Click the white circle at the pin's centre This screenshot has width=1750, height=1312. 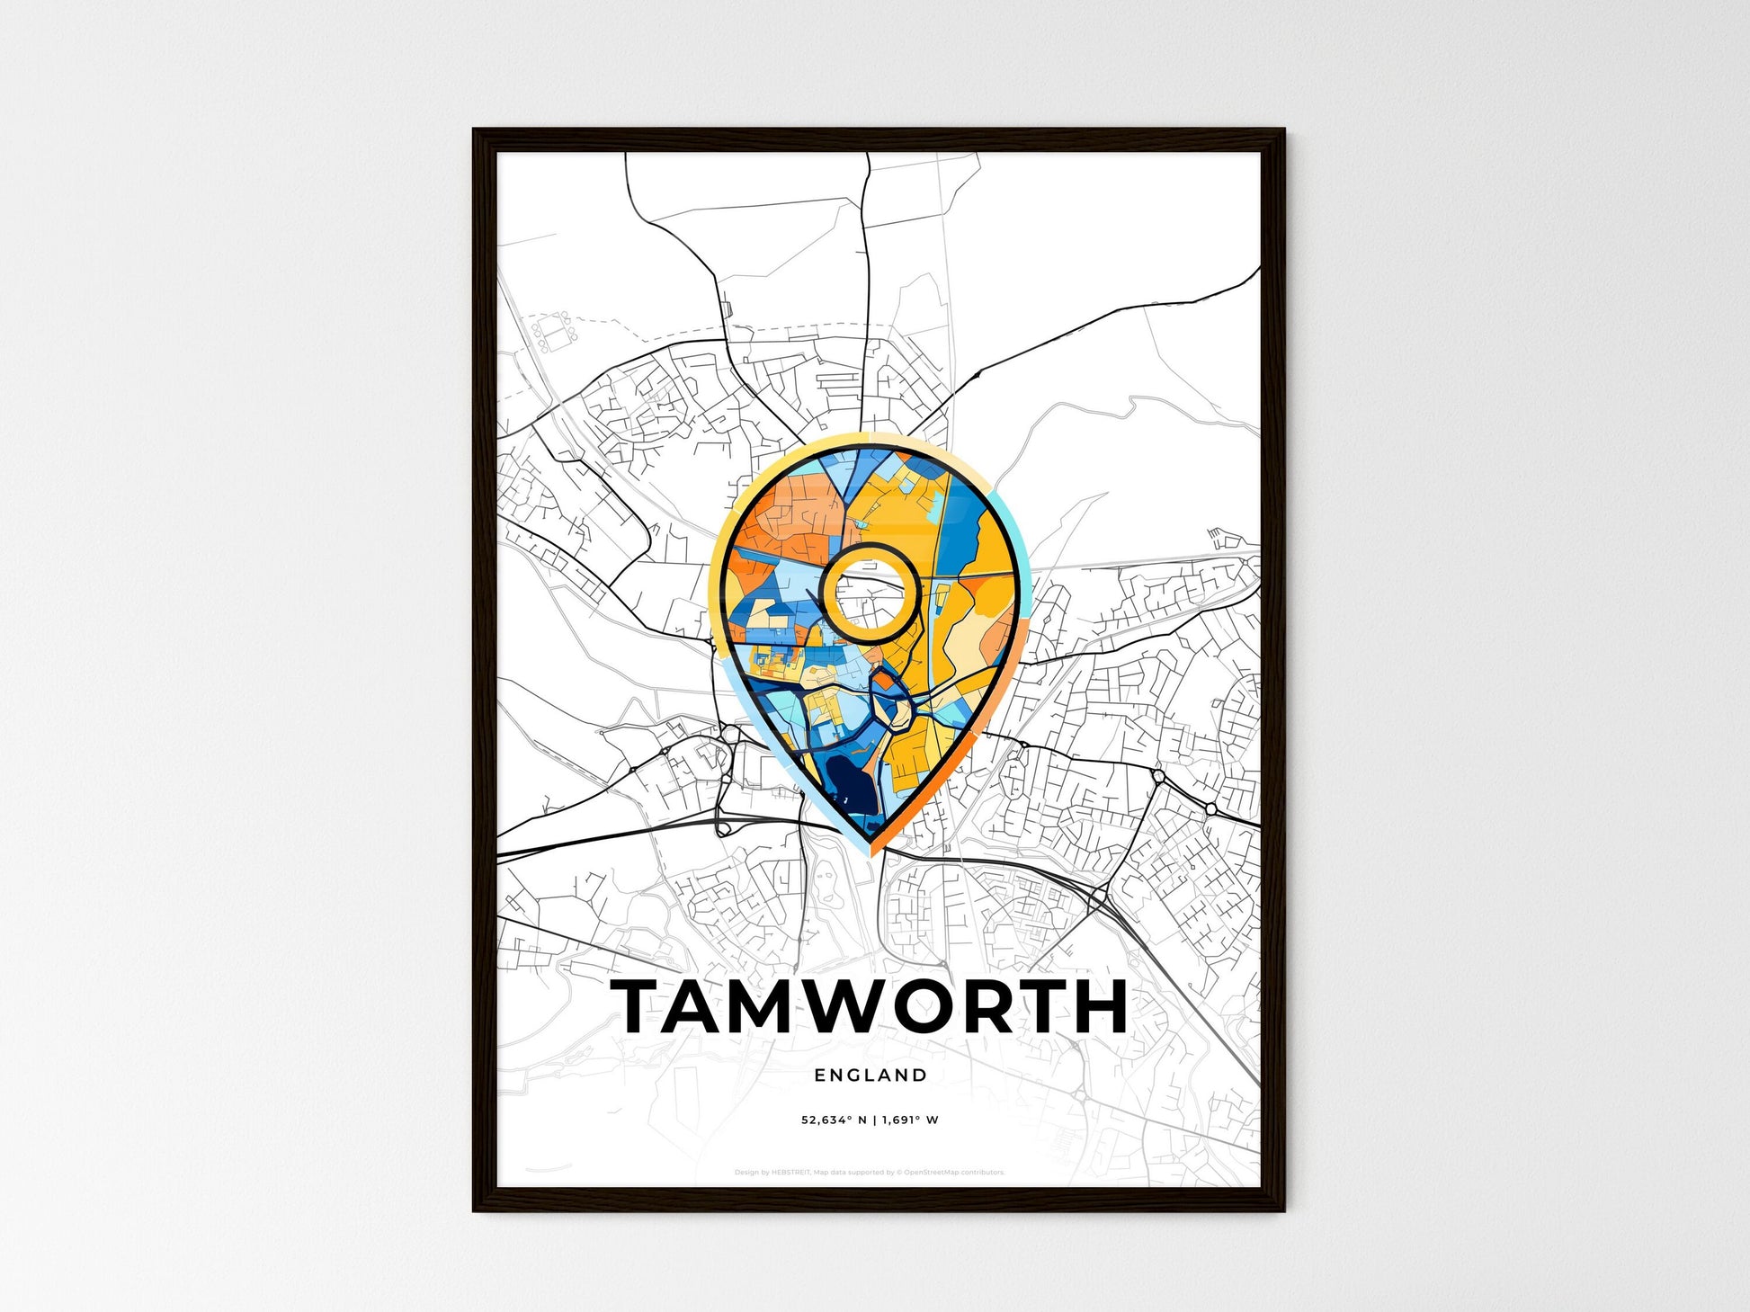pyautogui.click(x=870, y=593)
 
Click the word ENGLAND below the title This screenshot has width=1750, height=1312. pyautogui.click(x=870, y=1075)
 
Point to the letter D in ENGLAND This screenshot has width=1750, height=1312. pyautogui.click(x=920, y=1075)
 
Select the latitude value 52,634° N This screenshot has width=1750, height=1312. pyautogui.click(x=835, y=1120)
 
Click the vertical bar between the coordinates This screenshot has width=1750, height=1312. pyautogui.click(x=874, y=1120)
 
